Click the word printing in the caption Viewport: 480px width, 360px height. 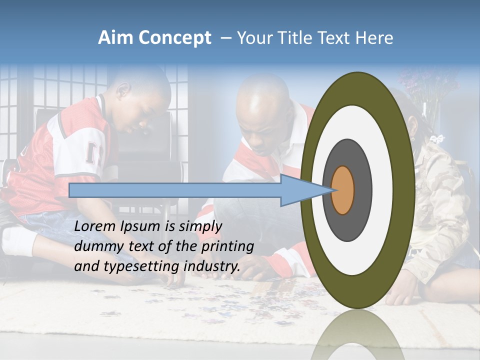coord(227,246)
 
